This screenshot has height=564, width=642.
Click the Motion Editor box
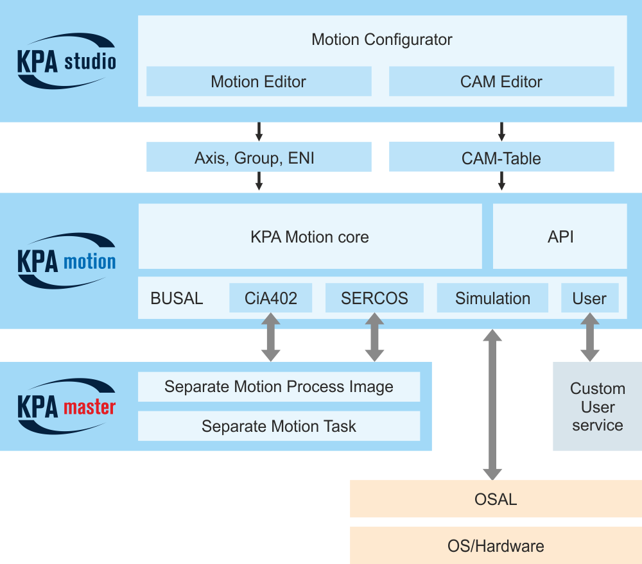(259, 81)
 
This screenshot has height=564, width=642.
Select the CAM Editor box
(501, 81)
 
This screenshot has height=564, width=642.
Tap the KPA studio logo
(66, 62)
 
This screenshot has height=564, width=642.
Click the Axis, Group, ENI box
(259, 157)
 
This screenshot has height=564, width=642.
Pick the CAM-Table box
(501, 157)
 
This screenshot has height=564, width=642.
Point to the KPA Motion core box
(310, 237)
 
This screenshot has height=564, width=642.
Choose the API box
(560, 237)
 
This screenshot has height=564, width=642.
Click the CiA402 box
(271, 298)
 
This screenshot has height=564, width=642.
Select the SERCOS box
(374, 298)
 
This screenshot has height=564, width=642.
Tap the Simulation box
(492, 298)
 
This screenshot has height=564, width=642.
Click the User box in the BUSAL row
(589, 298)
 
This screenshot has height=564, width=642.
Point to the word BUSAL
(177, 298)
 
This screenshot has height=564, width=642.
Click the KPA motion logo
(66, 261)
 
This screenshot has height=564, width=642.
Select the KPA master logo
(66, 406)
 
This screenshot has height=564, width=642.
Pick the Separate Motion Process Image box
(279, 387)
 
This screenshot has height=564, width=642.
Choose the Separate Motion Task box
(279, 426)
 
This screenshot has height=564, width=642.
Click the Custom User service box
(598, 406)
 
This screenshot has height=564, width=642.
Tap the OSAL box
(496, 499)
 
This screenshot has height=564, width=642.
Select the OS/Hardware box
(496, 545)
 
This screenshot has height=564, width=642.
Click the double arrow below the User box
(589, 338)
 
